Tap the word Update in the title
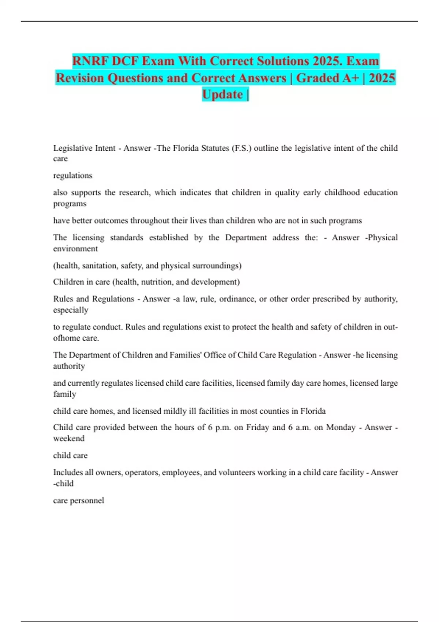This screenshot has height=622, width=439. [x=222, y=94]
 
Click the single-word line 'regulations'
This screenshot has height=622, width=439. [x=73, y=176]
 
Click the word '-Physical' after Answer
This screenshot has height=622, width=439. [x=381, y=237]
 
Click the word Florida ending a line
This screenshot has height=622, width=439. [x=313, y=411]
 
